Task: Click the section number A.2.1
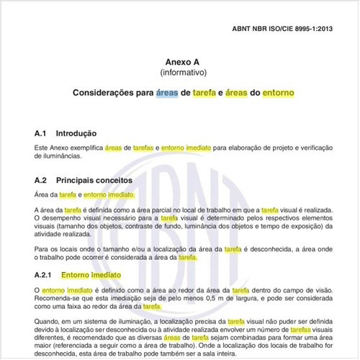click(45, 275)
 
